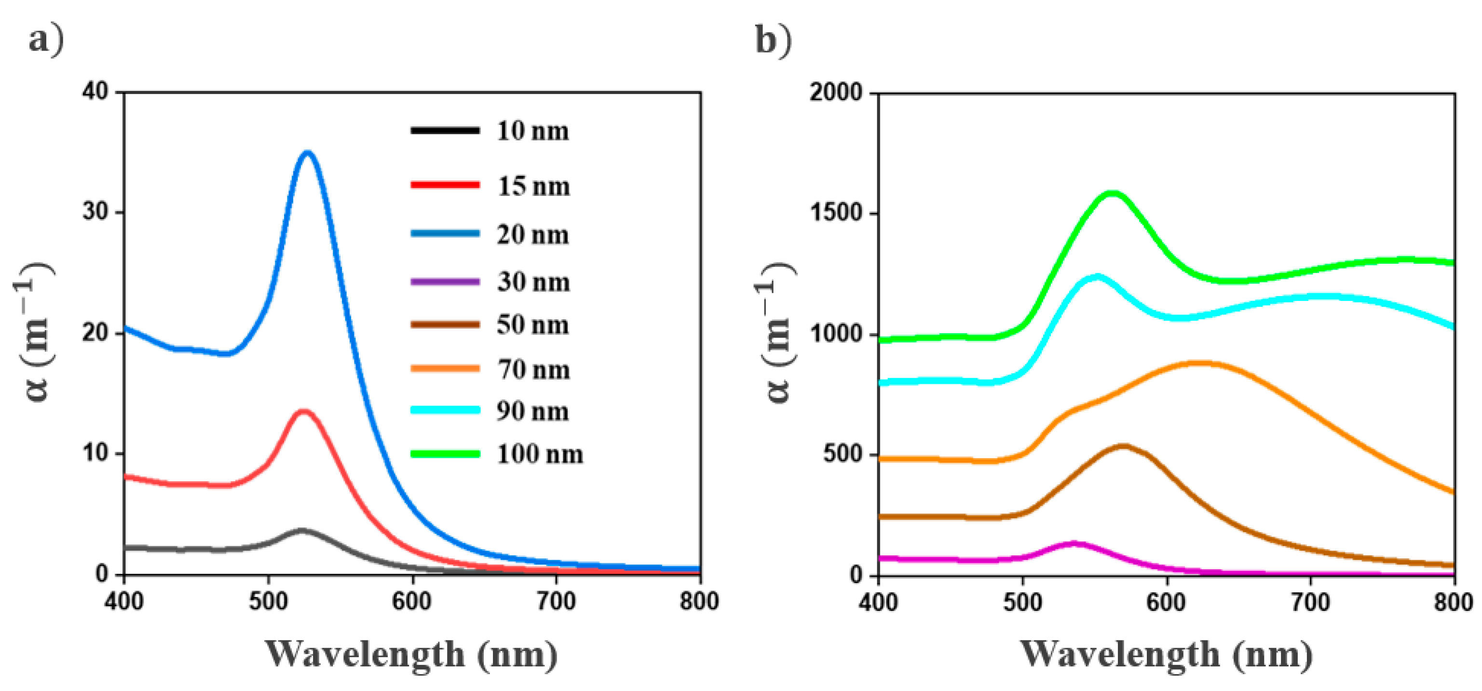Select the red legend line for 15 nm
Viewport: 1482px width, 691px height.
click(445, 185)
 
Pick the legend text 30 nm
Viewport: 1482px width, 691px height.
click(533, 282)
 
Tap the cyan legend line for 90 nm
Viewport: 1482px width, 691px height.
click(445, 410)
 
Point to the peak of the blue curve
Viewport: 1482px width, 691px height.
click(308, 153)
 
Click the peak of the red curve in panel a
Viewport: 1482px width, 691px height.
click(304, 411)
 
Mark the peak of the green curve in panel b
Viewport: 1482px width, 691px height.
click(1113, 193)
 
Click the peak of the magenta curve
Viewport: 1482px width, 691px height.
click(1074, 543)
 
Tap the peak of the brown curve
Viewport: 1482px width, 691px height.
click(1123, 446)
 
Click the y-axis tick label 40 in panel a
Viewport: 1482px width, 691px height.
click(95, 92)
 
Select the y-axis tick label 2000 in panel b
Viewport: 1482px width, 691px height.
click(835, 92)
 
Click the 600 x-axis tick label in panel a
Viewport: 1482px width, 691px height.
click(411, 602)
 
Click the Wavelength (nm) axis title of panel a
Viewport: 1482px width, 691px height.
click(411, 654)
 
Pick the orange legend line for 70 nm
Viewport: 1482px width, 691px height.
click(445, 368)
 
